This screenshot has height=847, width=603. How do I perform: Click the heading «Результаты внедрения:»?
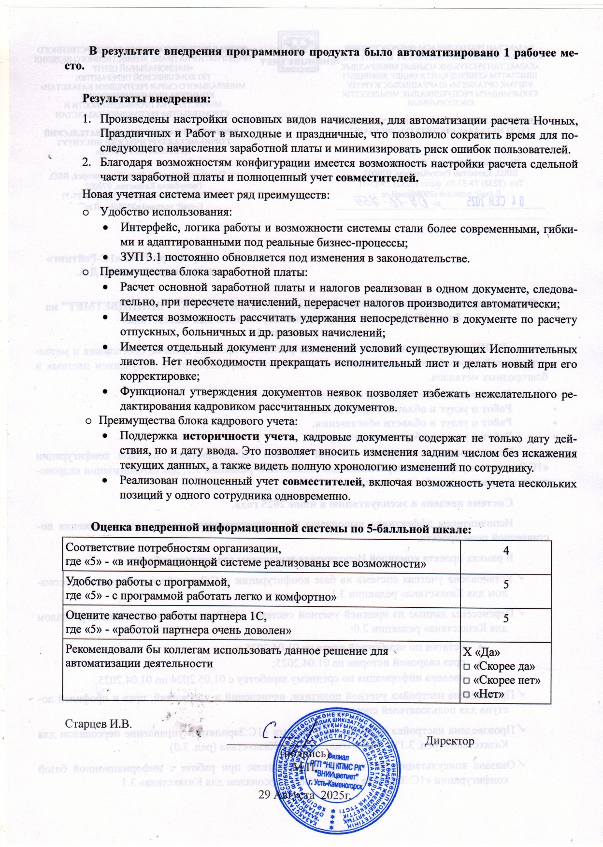(146, 99)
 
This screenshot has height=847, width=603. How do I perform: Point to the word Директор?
(449, 741)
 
